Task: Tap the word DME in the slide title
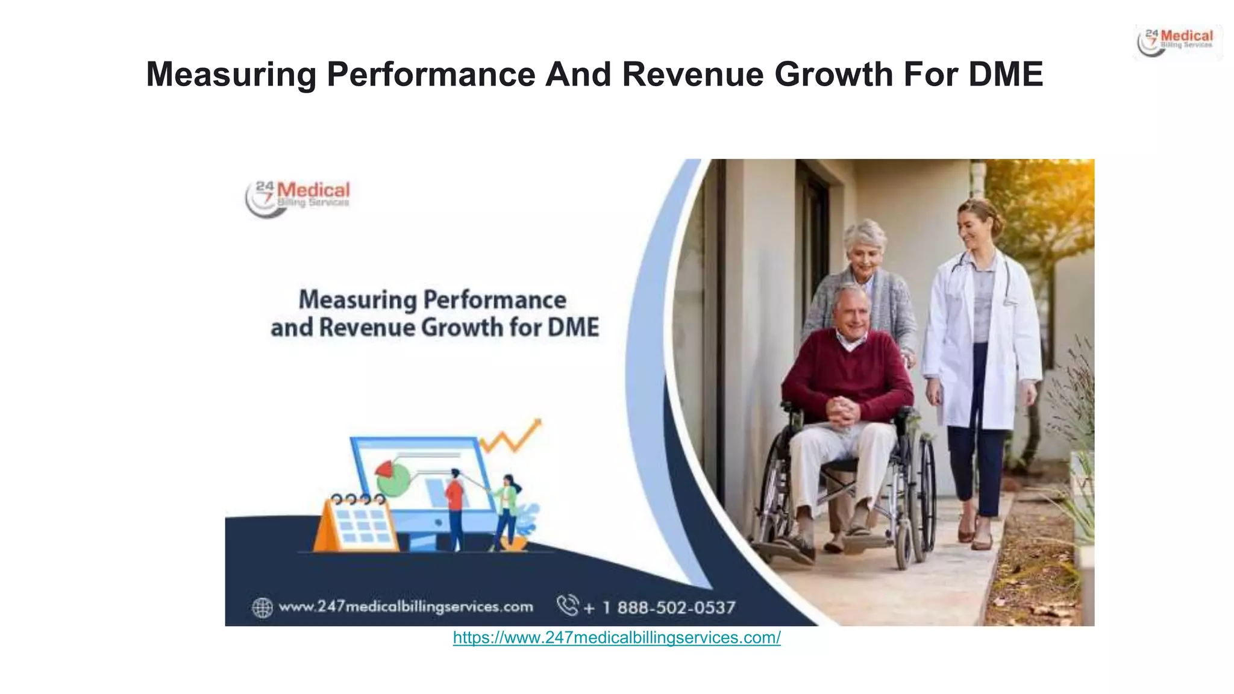[1006, 75]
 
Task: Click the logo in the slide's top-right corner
[1177, 42]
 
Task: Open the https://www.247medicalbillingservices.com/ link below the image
[616, 638]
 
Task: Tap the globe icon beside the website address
[262, 607]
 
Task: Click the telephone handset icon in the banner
[567, 605]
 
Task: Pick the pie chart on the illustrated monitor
[391, 477]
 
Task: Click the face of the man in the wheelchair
[851, 313]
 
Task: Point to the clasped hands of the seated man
[842, 411]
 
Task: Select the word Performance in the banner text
[495, 300]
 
